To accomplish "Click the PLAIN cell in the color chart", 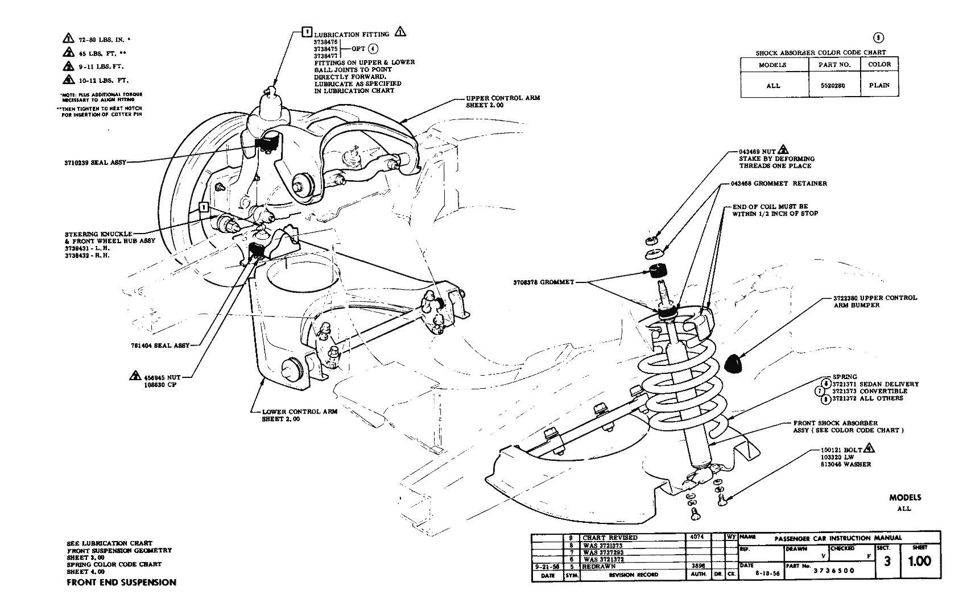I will [879, 86].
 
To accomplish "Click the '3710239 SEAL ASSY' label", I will [95, 163].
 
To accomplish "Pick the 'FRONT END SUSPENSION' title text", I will [121, 583].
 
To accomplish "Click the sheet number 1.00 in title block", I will [919, 561].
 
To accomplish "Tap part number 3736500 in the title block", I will [833, 571].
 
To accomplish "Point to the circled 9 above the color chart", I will [878, 38].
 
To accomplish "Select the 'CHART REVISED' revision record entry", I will [610, 538].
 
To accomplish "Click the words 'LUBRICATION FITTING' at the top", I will [352, 34].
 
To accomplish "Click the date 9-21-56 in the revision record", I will [547, 567].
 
